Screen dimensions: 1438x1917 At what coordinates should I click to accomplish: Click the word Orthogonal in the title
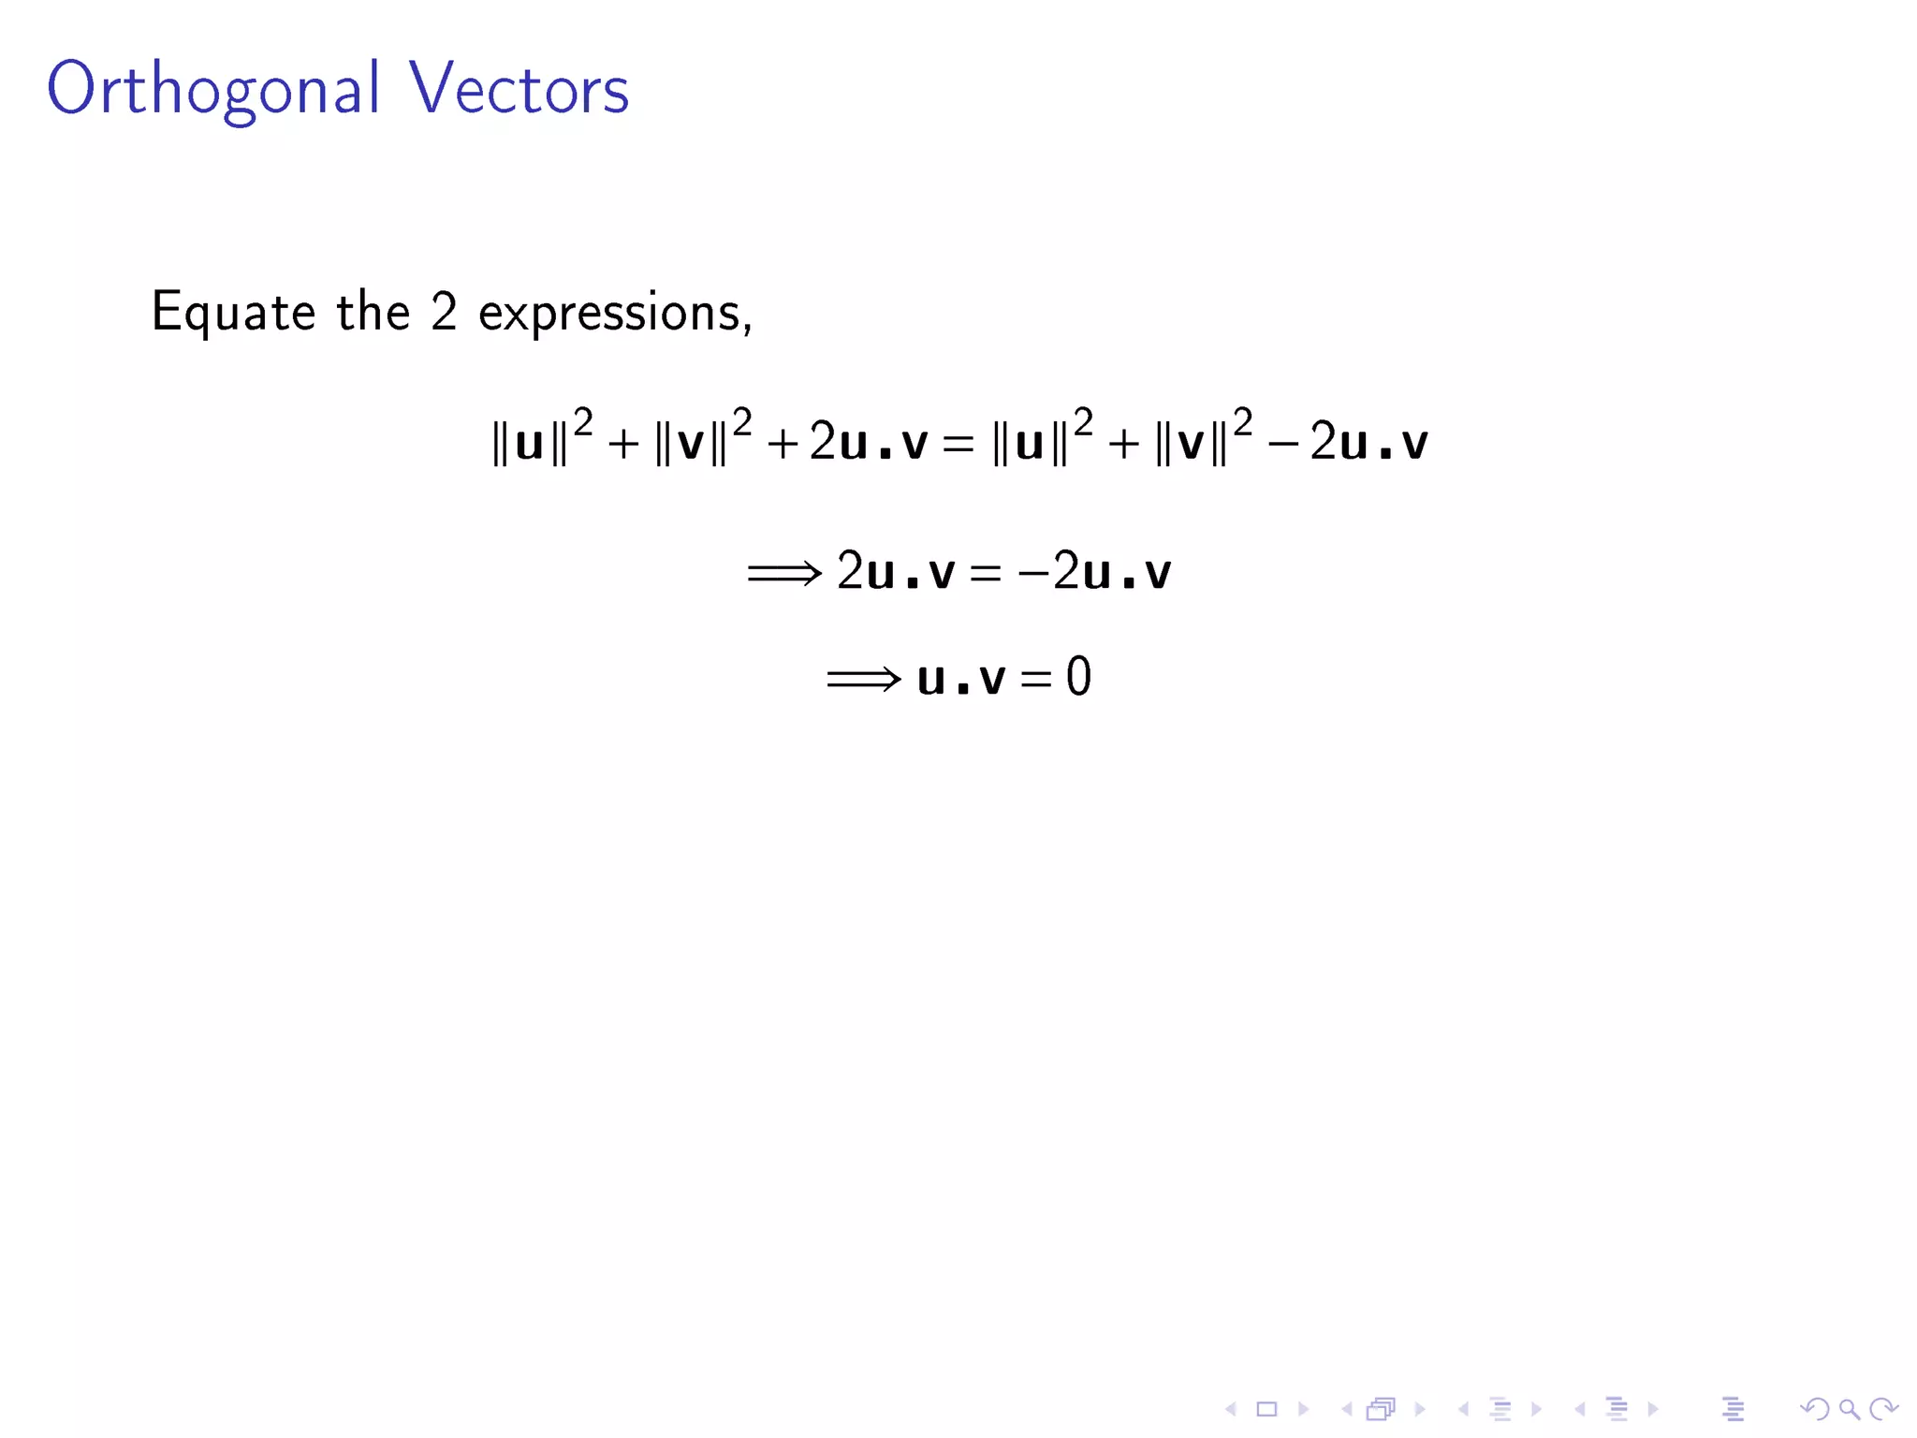click(x=213, y=90)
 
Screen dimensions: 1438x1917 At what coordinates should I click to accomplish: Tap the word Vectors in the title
click(x=519, y=90)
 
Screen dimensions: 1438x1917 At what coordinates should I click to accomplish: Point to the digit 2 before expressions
click(x=444, y=312)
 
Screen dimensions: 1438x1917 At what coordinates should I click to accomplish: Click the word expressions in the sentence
click(x=614, y=313)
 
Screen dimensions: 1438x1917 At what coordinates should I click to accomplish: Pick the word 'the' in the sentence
click(x=373, y=312)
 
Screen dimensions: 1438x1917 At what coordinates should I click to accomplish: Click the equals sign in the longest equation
click(x=958, y=444)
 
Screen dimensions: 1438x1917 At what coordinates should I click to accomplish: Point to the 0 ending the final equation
click(x=1078, y=677)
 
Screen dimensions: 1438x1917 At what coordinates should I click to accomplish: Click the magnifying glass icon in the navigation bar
click(x=1849, y=1409)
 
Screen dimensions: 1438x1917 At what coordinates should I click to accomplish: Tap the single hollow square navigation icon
click(x=1266, y=1409)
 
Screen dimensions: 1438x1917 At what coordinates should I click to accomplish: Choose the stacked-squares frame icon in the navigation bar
click(x=1381, y=1409)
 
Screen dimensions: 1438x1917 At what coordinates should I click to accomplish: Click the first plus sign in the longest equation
click(x=623, y=444)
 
